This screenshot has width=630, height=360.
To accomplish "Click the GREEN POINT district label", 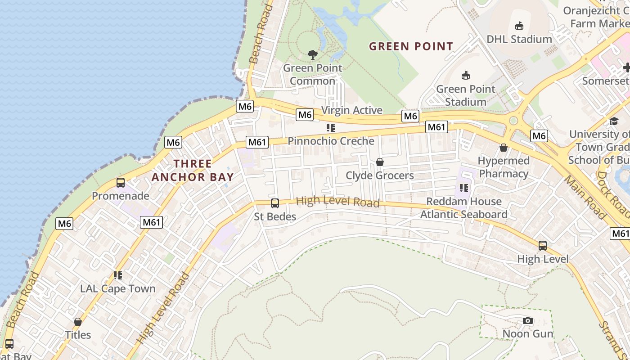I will (x=411, y=46).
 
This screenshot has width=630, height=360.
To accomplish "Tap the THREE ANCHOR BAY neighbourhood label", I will (x=193, y=171).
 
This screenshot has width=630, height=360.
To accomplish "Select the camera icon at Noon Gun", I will (x=528, y=321).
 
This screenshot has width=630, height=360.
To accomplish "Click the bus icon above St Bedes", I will (x=275, y=203).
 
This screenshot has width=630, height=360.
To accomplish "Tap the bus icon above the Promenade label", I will (x=121, y=183).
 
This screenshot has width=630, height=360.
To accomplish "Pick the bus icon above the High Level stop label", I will (x=543, y=246).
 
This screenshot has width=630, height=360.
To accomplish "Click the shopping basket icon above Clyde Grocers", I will (x=380, y=162).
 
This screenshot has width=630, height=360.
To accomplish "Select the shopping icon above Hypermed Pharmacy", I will (x=504, y=148).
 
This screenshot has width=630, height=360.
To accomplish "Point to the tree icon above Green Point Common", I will (x=312, y=55).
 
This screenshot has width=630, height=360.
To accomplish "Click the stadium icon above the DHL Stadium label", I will (x=519, y=26).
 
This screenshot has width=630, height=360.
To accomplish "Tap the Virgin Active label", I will (x=352, y=110).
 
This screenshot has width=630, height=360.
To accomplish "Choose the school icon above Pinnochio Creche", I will (x=331, y=128).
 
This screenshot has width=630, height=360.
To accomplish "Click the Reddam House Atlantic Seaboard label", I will (x=463, y=208).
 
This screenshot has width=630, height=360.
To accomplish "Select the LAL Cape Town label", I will (x=118, y=288).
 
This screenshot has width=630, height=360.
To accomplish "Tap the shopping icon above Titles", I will (x=78, y=322).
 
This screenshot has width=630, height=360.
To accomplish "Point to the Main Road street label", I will (x=585, y=197).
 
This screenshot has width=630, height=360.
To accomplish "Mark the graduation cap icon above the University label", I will (x=614, y=121).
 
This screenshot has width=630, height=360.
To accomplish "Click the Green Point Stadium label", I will (x=466, y=95).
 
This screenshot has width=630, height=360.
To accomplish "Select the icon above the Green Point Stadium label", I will (x=466, y=76).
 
